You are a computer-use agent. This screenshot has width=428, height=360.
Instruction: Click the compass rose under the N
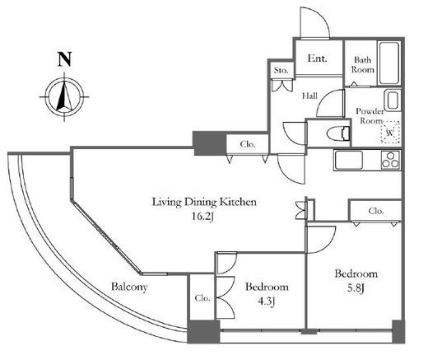point(64,96)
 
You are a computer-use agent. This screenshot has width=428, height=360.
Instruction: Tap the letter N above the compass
point(64,59)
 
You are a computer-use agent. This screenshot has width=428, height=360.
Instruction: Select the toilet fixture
point(338,133)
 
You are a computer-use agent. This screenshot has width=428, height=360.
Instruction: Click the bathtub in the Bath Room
point(388,63)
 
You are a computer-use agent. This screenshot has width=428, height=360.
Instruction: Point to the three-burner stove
point(391,160)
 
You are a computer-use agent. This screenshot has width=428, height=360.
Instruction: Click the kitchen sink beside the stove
point(348,160)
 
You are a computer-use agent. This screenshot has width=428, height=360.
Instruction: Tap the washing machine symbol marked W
point(390,132)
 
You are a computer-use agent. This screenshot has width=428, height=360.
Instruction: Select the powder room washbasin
point(393,100)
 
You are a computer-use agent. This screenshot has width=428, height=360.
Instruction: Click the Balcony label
point(129,287)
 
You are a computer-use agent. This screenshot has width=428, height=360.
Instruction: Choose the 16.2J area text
point(202,217)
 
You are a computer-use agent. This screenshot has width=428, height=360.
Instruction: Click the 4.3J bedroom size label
point(267,302)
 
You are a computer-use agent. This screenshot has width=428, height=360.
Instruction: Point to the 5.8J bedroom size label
point(356,288)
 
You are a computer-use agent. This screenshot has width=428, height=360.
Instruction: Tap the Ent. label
point(318,58)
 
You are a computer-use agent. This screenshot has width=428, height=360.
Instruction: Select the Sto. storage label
point(281,70)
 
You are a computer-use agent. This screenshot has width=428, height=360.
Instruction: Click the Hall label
point(309,96)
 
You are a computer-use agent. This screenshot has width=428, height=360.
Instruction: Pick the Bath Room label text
point(362,65)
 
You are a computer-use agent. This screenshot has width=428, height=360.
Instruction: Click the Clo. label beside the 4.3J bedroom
point(202,298)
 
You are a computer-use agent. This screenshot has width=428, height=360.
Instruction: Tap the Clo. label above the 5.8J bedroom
point(376,211)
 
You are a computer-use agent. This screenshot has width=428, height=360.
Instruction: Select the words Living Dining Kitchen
point(204,202)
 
